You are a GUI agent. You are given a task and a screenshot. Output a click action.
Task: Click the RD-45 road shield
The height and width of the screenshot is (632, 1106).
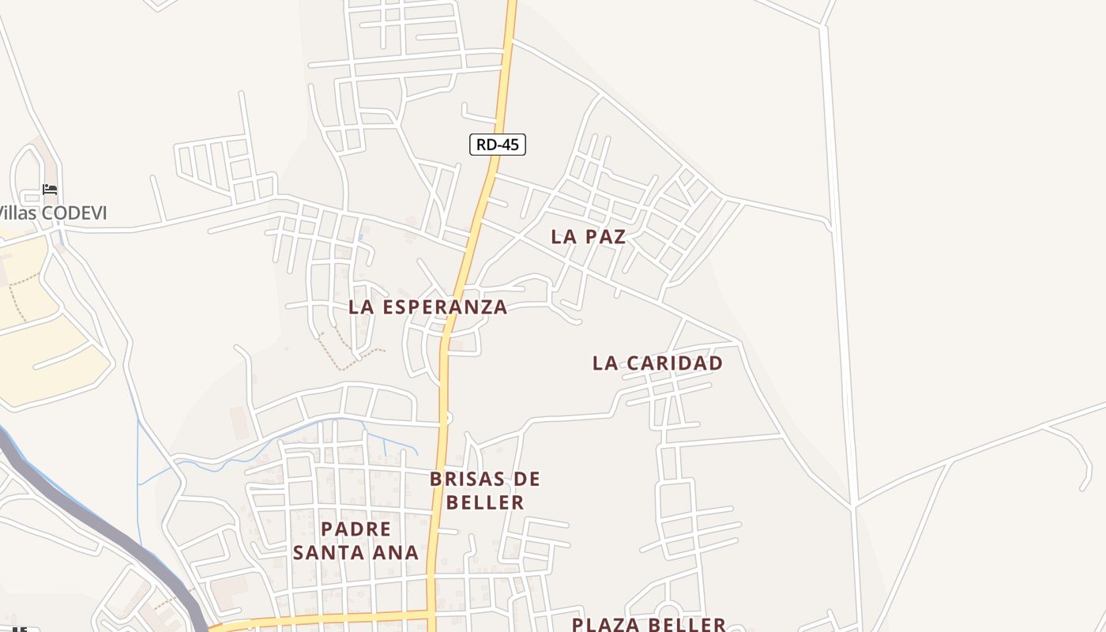497,145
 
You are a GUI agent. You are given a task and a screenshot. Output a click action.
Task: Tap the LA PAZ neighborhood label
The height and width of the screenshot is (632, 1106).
589,236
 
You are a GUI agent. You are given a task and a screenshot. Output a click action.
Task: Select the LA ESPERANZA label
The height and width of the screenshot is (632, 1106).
427,307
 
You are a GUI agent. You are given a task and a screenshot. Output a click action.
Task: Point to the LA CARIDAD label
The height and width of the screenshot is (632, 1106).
657,363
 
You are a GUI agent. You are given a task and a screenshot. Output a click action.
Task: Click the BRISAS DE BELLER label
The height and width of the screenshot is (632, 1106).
485,490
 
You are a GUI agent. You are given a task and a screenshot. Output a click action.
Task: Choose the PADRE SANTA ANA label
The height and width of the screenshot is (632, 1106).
355,540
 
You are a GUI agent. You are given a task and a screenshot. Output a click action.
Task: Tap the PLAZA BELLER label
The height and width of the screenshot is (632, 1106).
649,624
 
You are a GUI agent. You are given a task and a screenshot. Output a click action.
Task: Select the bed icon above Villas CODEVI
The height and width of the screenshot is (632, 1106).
50,190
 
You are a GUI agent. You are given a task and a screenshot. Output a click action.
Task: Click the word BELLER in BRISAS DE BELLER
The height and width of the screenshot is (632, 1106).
485,502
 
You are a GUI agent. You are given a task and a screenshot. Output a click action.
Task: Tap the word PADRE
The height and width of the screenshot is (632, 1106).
355,529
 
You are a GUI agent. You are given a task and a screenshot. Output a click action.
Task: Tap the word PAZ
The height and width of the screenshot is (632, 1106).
605,236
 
